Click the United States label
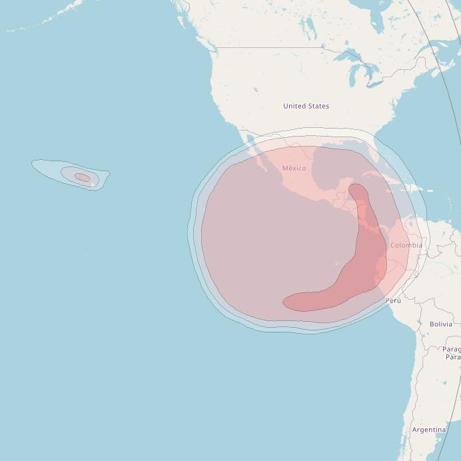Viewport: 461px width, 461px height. click(x=306, y=106)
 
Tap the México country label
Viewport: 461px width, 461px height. click(x=294, y=168)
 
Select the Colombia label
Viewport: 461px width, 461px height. click(x=406, y=245)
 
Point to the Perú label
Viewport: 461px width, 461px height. click(x=393, y=300)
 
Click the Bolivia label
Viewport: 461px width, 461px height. click(x=440, y=324)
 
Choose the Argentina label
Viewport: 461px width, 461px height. click(x=428, y=430)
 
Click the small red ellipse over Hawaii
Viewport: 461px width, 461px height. click(x=82, y=177)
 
